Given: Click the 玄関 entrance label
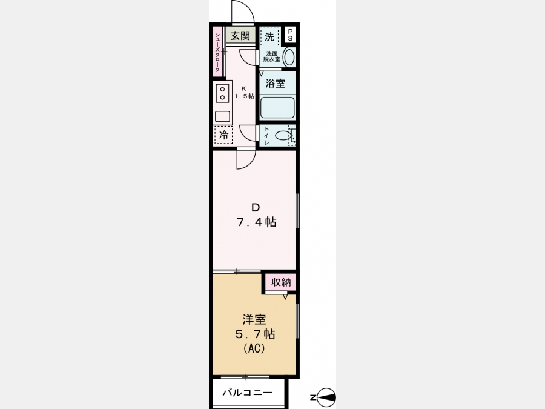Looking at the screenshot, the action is (240, 36).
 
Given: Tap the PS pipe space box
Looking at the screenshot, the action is (290, 35).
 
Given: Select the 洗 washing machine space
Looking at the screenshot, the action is (269, 36).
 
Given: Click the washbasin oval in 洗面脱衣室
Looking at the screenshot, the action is (289, 57).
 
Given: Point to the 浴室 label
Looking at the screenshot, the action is (276, 84).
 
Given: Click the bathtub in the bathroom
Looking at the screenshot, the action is (277, 107).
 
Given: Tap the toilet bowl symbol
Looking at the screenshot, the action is (283, 135).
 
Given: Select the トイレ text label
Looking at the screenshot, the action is (266, 136).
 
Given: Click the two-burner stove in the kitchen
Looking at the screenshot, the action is (222, 93).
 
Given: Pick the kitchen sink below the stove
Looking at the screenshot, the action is (222, 116).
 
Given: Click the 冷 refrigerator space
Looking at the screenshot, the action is (224, 135).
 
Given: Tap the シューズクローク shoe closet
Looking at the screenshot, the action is (217, 52).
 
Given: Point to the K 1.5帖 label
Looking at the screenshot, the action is (245, 93).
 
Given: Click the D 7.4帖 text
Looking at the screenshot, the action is (257, 215).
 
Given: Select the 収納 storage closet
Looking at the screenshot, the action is (281, 282).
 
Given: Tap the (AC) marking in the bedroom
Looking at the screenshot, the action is (255, 348).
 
